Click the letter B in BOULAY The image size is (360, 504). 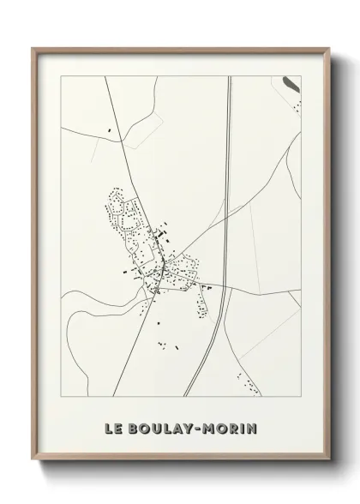coord(132,427)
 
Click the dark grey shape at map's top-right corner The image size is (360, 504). coord(291,84)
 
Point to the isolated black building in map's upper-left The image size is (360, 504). coord(110,129)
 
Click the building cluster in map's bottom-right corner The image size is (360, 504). coord(249,385)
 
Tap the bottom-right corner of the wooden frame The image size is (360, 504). coord(327,461)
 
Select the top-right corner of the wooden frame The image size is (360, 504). coord(327,49)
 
